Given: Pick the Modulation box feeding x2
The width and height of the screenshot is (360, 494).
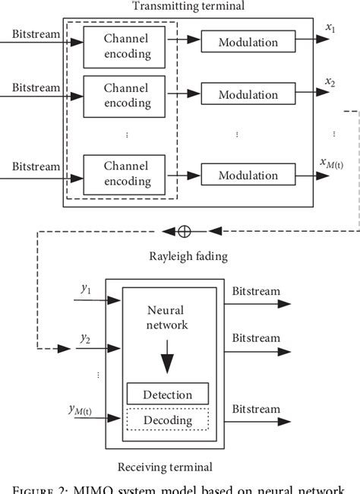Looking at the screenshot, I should click(248, 95).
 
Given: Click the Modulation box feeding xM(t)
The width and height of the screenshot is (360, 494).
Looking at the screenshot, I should click(248, 176).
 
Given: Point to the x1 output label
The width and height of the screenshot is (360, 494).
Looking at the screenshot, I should click(330, 27).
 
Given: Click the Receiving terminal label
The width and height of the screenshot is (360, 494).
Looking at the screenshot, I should click(165, 466).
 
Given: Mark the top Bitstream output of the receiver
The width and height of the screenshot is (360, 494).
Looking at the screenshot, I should click(255, 290).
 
